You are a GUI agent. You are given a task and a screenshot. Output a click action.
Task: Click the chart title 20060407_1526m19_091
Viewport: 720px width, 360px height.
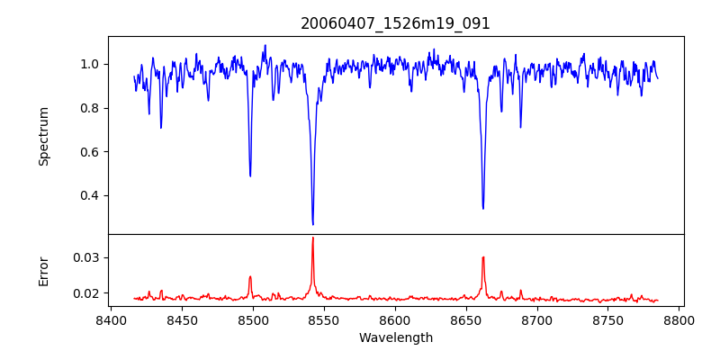[395, 23]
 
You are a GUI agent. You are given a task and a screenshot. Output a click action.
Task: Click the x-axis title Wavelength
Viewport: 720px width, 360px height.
[395, 337]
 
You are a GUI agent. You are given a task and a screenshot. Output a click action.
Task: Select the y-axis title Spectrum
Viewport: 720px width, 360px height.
[43, 136]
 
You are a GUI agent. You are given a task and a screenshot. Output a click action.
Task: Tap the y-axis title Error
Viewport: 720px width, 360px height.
[43, 270]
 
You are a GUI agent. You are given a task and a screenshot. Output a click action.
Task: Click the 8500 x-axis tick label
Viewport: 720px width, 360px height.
[253, 319]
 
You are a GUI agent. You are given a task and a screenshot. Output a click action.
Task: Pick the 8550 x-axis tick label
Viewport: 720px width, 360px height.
[324, 319]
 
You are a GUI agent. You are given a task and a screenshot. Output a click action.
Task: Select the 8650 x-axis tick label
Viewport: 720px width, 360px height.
[466, 319]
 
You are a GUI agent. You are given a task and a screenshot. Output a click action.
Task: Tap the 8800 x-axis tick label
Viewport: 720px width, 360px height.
[679, 319]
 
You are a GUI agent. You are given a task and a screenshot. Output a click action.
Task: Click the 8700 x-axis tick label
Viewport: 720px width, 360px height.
[537, 319]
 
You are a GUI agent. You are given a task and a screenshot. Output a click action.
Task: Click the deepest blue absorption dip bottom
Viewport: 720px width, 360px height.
[312, 224]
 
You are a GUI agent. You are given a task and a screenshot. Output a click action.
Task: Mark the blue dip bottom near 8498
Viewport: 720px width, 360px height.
[250, 175]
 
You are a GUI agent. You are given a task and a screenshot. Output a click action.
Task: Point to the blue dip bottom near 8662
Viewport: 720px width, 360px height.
[483, 209]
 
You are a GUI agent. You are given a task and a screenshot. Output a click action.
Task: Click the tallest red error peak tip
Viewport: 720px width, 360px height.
[312, 238]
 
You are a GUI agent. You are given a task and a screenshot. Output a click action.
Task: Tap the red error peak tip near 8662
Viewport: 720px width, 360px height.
[483, 257]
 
